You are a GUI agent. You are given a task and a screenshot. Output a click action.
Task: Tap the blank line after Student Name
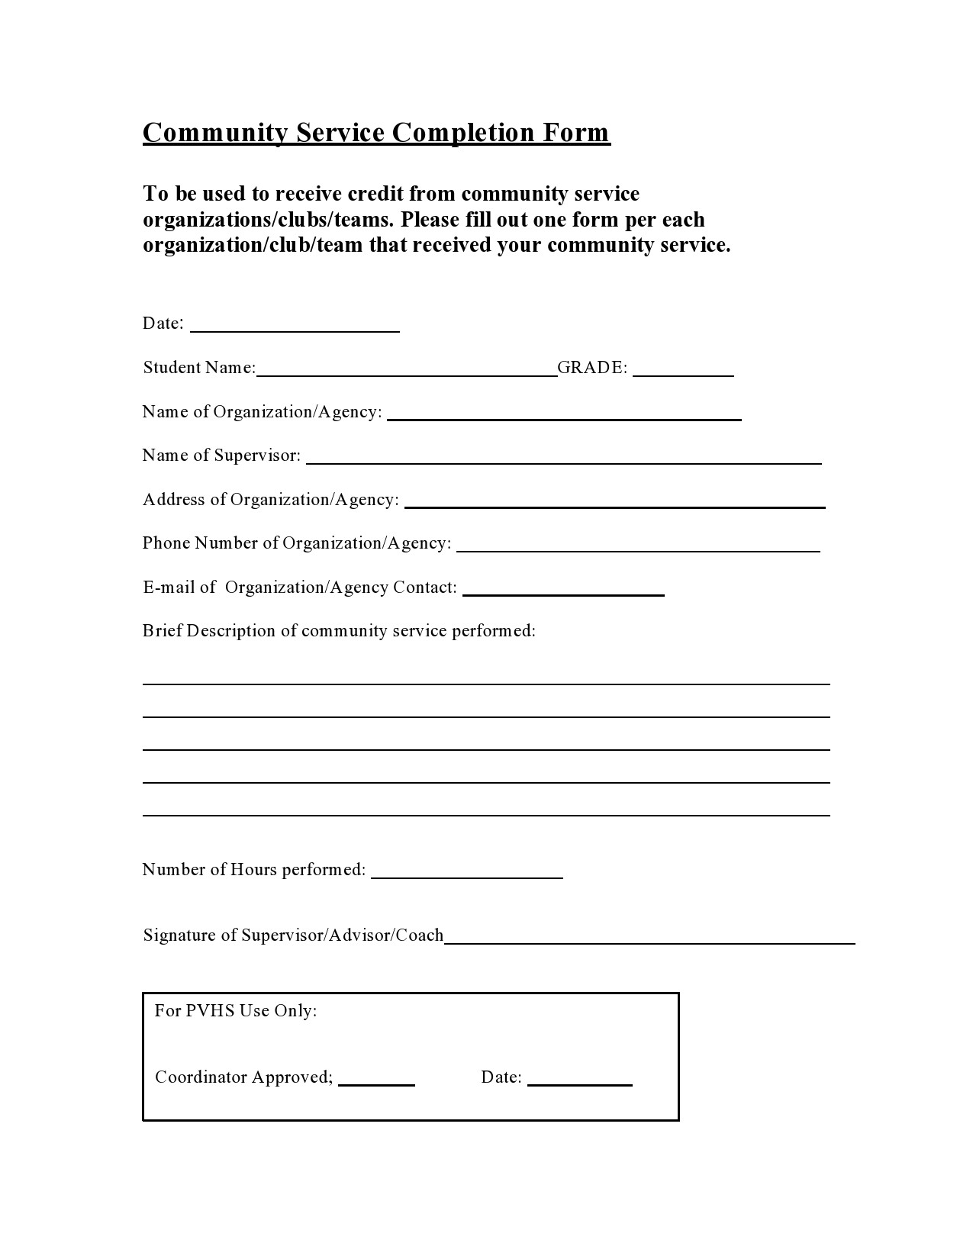tap(407, 369)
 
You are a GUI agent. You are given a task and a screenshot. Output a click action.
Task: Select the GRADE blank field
tap(683, 369)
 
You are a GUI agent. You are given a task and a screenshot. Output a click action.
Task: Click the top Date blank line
tap(295, 325)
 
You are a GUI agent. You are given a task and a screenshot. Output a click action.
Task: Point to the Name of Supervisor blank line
tap(563, 457)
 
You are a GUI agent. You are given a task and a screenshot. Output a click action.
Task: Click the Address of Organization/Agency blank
tap(614, 501)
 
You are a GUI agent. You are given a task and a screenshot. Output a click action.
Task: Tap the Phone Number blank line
tap(637, 544)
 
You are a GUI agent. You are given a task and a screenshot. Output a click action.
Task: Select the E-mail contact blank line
tap(563, 588)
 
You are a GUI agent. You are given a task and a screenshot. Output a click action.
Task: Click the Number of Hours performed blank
tap(466, 871)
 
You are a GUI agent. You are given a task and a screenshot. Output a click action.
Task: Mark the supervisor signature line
tap(649, 937)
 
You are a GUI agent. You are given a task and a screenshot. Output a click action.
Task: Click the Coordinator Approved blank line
tap(376, 1078)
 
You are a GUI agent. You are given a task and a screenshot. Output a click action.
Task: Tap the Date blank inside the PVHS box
tap(579, 1078)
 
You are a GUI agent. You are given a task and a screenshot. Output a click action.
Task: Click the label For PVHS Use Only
tap(236, 1011)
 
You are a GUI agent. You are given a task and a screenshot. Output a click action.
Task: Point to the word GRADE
tap(591, 368)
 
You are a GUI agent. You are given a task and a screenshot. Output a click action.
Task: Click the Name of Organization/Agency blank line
tap(564, 414)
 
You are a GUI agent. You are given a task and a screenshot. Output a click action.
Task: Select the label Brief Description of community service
tap(339, 631)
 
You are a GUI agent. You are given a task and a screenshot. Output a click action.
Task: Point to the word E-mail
tap(168, 588)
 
